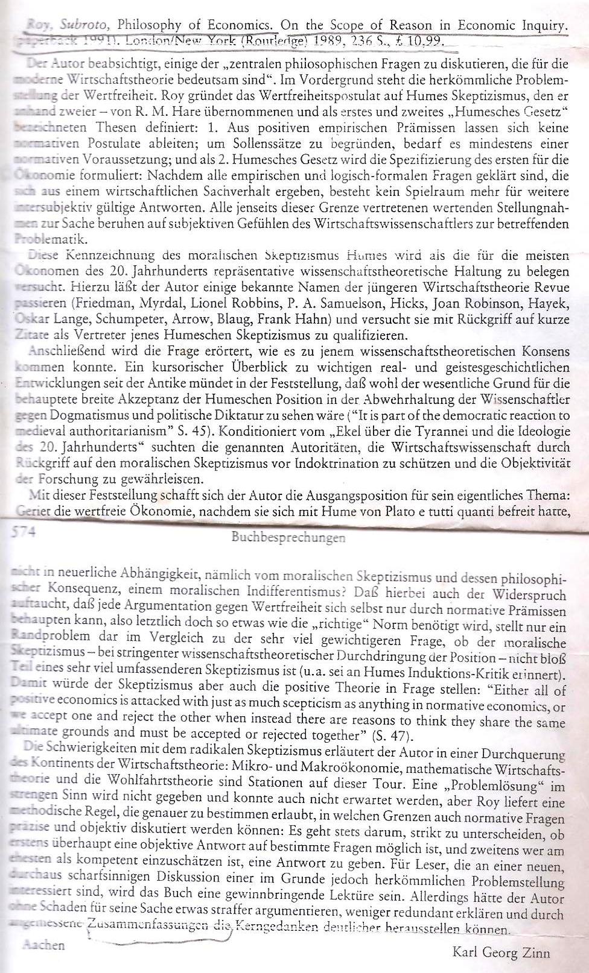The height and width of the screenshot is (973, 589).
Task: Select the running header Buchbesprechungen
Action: (x=288, y=537)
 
